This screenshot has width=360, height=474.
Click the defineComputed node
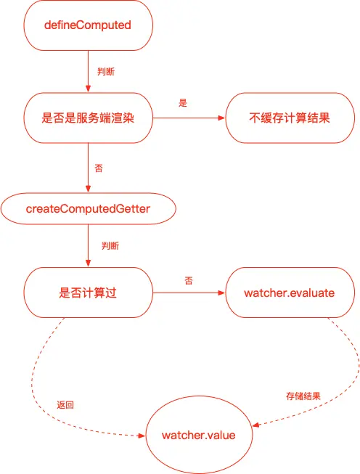pos(89,25)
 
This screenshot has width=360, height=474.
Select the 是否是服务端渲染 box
pos(89,118)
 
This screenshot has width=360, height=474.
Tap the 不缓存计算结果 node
pos(290,118)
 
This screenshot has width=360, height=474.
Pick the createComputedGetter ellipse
pos(89,208)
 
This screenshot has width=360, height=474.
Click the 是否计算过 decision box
pos(89,293)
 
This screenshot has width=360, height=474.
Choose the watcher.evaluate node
pos(290,293)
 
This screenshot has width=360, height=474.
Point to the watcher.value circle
pos(199,435)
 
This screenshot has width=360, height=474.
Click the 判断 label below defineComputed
pos(106,72)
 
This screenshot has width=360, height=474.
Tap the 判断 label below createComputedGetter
pos(110,246)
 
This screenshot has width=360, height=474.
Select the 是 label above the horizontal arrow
pos(183,103)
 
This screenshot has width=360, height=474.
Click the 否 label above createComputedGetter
pos(99,168)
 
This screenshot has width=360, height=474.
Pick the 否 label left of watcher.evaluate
pos(189,281)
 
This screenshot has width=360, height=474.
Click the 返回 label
pos(65,405)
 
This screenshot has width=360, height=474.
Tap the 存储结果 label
pos(303,396)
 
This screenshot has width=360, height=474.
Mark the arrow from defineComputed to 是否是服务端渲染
pos(89,71)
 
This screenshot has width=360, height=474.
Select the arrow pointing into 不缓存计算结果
pos(189,118)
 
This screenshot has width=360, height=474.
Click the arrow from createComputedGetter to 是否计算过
pos(89,245)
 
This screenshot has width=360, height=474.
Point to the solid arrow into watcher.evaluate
pos(189,293)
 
